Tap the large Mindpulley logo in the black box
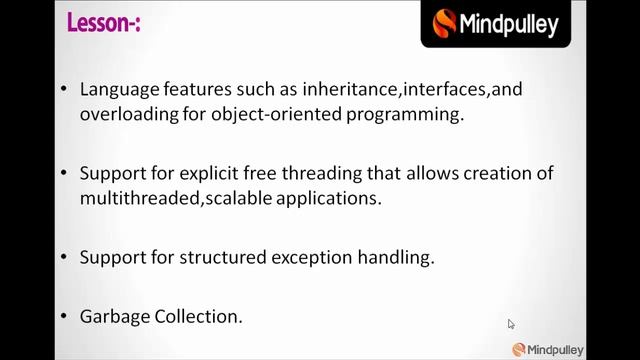[496, 23]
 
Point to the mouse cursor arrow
[510, 323]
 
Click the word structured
[218, 257]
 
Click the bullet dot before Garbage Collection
[65, 316]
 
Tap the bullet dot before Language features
[65, 89]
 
